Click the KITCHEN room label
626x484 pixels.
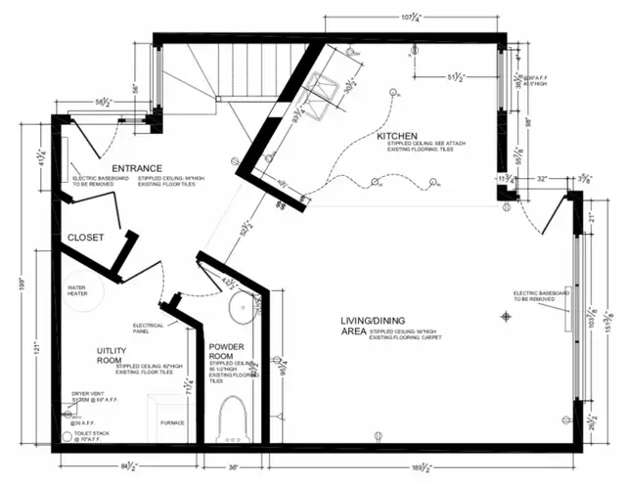pos(398,136)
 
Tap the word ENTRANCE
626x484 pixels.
pos(136,168)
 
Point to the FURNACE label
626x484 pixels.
pos(172,423)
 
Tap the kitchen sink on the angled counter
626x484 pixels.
pos(326,95)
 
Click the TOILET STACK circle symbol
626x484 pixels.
pos(67,438)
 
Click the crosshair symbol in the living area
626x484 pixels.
pos(506,315)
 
